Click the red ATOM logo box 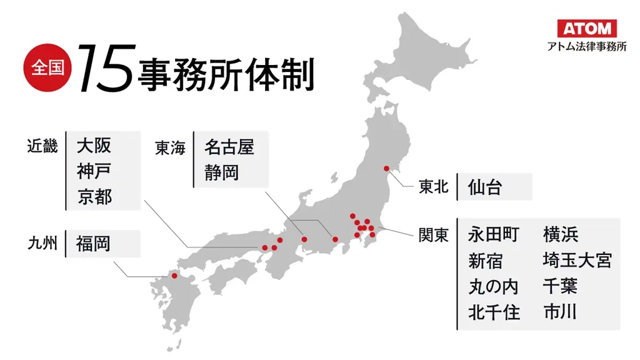pos(587,28)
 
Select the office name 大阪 pos(94,146)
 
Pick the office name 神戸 pos(94,171)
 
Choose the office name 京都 pos(94,196)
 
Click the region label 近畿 pos(42,146)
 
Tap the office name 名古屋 pos(229,147)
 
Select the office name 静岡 pos(221,172)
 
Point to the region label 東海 pos(171,148)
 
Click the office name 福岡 pos(93,243)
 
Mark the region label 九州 pos(42,243)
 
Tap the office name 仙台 pos(484,187)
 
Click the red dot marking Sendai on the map pos(386,168)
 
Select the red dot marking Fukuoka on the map pos(174,275)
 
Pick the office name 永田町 pos(494,234)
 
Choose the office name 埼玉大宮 pos(577,260)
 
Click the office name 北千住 pos(494,311)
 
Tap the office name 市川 pos(560,311)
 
